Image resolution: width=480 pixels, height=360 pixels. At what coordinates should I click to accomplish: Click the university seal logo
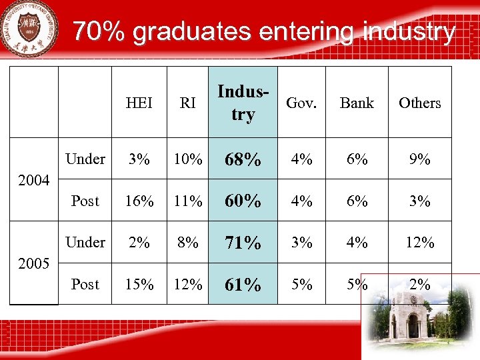[31, 27]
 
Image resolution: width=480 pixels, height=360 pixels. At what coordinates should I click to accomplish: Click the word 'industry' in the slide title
[409, 31]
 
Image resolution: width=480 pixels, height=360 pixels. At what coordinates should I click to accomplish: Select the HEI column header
[139, 103]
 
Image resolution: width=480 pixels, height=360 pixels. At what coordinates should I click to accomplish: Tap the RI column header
[187, 103]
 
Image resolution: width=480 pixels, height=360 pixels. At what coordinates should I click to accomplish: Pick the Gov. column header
[301, 103]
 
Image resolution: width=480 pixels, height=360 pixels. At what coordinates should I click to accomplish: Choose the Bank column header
[357, 103]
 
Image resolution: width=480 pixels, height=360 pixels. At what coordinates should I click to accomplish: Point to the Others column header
[419, 103]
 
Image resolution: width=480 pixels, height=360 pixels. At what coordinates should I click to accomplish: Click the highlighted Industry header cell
[243, 103]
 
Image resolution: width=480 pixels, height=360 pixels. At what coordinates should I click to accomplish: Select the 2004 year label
[34, 180]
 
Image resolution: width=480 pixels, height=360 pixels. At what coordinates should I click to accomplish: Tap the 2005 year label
[34, 263]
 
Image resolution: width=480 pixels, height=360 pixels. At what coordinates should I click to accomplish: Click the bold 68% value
[243, 160]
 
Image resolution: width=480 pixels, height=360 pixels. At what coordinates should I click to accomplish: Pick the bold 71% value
[243, 243]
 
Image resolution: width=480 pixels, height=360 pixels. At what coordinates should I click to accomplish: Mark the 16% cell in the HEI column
[139, 201]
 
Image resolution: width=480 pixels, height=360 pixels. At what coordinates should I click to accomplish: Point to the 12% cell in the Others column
[419, 243]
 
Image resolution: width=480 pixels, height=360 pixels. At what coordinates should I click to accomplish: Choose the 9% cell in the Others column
[419, 159]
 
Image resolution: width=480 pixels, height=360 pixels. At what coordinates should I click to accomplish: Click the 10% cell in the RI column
[187, 159]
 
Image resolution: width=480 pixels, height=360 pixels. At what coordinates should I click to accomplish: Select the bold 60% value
[243, 201]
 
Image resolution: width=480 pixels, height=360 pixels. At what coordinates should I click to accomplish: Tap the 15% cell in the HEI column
[139, 285]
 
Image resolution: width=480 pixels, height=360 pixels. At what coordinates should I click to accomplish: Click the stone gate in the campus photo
[407, 317]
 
